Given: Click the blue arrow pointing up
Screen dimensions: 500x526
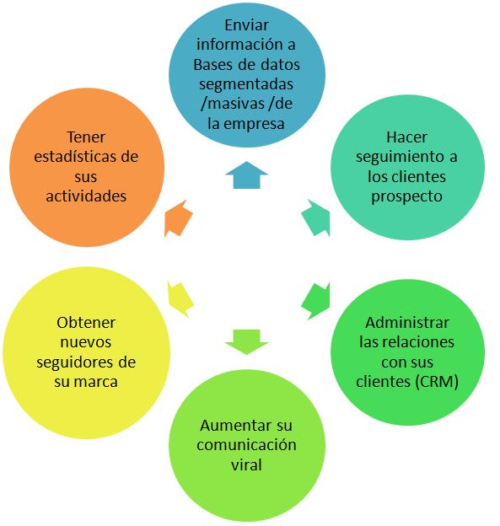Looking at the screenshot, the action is click(247, 175).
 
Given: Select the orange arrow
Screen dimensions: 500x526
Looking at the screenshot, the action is click(178, 218).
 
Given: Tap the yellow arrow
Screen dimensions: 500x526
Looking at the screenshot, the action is click(180, 299).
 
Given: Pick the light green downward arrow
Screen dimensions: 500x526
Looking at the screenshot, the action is click(247, 341).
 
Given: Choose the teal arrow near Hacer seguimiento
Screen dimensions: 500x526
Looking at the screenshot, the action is click(316, 218).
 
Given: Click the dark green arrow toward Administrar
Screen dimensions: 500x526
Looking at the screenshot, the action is click(316, 301).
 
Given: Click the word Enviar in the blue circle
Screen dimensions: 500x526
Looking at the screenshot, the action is click(247, 25).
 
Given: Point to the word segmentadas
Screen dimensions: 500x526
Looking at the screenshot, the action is click(246, 84).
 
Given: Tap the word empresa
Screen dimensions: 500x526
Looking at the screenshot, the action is click(254, 124).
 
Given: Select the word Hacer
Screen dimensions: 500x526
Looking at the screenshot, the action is click(406, 137).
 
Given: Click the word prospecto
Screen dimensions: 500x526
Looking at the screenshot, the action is click(406, 197).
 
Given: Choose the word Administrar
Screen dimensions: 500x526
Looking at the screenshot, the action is click(407, 323).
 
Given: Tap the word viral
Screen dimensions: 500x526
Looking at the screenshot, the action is click(246, 465).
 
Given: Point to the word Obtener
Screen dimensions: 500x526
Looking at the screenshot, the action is click(86, 323).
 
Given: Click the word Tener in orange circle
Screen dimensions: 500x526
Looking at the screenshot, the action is click(86, 137).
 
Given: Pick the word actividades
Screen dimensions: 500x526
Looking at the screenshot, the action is click(86, 196).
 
